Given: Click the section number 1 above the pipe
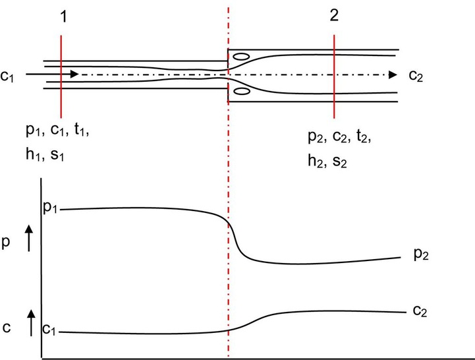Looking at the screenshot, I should point(63,18).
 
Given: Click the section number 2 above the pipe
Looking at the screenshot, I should point(334,18).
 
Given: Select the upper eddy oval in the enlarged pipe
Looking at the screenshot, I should point(242,57).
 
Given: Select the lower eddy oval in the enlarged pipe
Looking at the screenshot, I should point(242,91).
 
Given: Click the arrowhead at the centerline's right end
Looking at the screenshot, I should point(392,75).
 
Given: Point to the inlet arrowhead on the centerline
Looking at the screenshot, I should point(74,75).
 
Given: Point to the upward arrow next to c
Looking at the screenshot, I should point(28,324).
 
